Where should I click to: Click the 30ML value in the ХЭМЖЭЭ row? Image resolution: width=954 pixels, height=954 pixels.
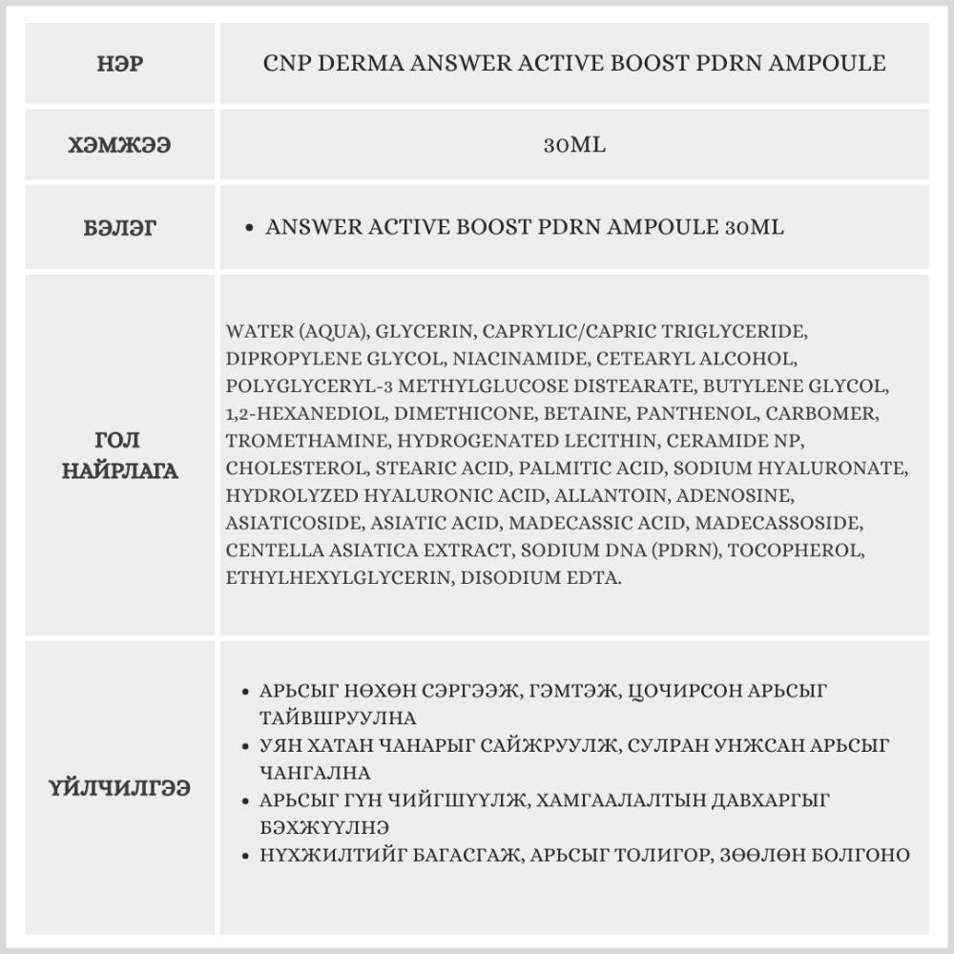coord(574,146)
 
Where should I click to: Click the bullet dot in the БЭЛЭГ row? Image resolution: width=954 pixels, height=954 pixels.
coord(249,229)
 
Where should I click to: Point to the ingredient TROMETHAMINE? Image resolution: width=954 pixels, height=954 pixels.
coord(306,442)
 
